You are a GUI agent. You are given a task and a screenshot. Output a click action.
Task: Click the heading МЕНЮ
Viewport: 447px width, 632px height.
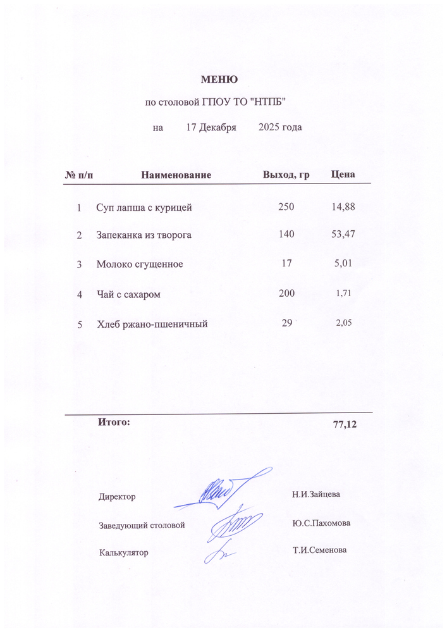tap(219, 80)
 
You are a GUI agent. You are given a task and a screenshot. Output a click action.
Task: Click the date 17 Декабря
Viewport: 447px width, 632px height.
tap(211, 128)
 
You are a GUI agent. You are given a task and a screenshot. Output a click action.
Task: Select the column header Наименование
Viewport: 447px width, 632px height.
tap(176, 175)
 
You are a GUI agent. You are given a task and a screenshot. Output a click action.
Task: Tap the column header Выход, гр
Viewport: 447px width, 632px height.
tap(286, 175)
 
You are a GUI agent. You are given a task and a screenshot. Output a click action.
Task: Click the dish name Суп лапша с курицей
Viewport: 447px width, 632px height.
tap(144, 208)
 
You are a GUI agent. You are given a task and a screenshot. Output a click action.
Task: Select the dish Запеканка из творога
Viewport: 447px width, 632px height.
tap(144, 235)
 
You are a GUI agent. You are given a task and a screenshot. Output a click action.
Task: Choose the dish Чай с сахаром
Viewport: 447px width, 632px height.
tap(128, 294)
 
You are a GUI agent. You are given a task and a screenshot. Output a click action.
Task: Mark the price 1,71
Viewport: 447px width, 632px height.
tap(343, 294)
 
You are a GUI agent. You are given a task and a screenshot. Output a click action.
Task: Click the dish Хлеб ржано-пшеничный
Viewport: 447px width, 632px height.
tap(152, 325)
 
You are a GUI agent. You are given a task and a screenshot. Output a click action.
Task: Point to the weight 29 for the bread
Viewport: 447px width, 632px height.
tap(286, 323)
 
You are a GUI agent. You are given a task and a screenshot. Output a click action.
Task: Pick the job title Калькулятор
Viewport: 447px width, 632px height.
tap(123, 552)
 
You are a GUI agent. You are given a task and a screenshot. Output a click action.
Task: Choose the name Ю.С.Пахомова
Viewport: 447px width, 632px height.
tap(321, 524)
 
